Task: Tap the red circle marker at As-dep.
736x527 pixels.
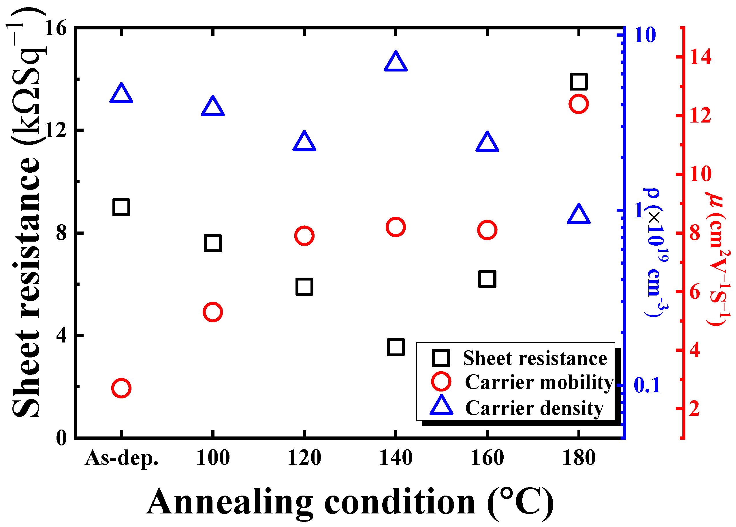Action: coord(121,388)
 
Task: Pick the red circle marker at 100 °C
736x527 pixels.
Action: coord(213,312)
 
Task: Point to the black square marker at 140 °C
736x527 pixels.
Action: coord(396,347)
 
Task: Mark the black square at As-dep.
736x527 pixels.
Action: coord(121,207)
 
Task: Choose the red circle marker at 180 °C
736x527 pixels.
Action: coord(579,104)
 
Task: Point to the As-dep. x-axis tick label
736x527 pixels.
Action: coord(122,458)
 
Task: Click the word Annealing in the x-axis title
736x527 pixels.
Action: coord(230,502)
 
